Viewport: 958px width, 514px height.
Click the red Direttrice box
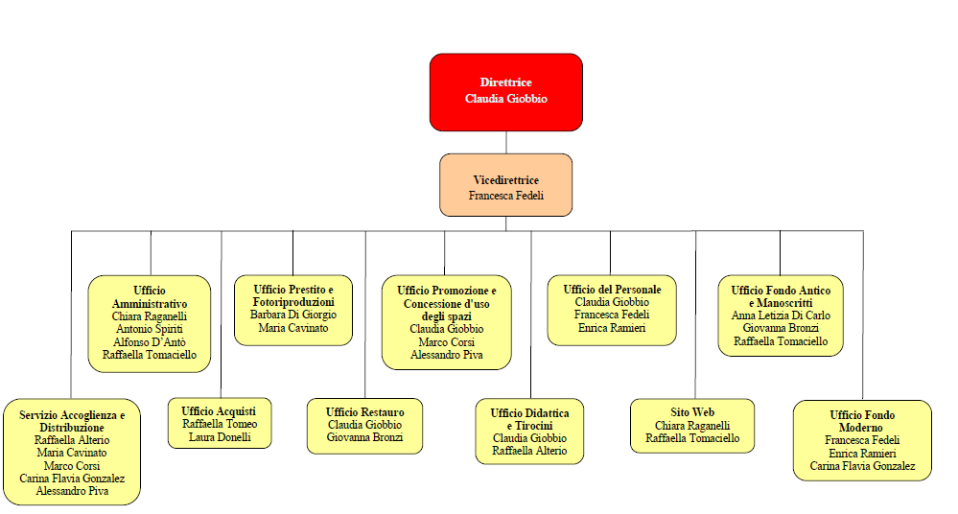(506, 92)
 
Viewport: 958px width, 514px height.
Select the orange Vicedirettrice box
(506, 185)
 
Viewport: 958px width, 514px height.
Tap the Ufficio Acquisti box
(220, 424)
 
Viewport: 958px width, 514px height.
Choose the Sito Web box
(692, 426)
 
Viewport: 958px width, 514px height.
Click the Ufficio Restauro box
(364, 426)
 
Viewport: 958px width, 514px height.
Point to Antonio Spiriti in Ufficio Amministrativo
(150, 329)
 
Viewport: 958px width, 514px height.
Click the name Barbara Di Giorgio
(293, 315)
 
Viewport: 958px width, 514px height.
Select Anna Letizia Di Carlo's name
(781, 316)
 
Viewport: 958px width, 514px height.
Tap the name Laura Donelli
(220, 437)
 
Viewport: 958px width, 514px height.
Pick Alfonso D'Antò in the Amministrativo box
(150, 342)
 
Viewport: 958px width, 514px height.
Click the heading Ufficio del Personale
(612, 290)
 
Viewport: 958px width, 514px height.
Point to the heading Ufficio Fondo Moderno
(862, 421)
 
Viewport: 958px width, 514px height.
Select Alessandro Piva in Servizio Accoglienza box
(72, 491)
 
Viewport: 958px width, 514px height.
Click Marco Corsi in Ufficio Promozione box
(447, 342)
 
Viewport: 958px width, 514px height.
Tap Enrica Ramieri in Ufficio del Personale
(612, 328)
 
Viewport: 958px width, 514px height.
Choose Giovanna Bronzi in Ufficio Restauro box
(364, 437)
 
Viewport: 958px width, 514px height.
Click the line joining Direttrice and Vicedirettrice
(506, 142)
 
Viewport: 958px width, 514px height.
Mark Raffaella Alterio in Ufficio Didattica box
(529, 451)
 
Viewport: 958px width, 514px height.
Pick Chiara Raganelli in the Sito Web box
(692, 426)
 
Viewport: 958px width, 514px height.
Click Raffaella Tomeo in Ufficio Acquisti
(220, 424)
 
